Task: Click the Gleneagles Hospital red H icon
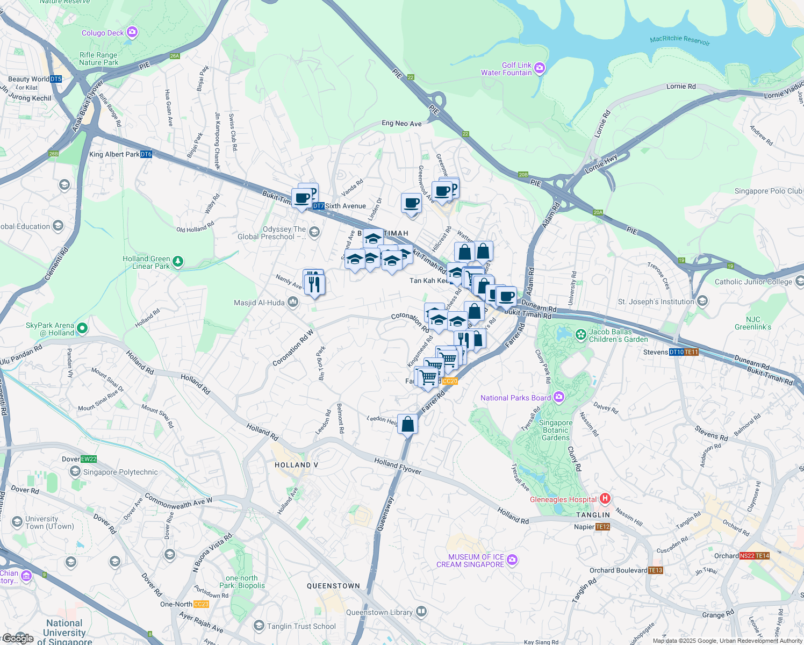(x=605, y=499)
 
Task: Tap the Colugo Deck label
(x=103, y=33)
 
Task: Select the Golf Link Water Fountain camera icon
(x=540, y=68)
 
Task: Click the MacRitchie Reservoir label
(x=679, y=40)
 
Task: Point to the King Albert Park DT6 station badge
(x=146, y=154)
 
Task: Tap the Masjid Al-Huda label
(x=259, y=303)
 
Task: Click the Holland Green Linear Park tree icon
(x=177, y=262)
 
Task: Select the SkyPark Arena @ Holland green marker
(x=82, y=327)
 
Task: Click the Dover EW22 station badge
(x=88, y=459)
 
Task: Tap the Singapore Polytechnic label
(x=120, y=472)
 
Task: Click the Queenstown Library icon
(x=422, y=612)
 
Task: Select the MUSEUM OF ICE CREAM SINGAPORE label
(x=470, y=561)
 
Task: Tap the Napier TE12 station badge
(x=602, y=527)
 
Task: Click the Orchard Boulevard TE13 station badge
(x=656, y=570)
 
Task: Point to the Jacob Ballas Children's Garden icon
(x=580, y=335)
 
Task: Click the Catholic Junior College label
(x=753, y=282)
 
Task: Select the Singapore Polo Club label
(x=768, y=191)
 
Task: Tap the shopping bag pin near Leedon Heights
(x=408, y=424)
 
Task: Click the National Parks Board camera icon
(x=559, y=397)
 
